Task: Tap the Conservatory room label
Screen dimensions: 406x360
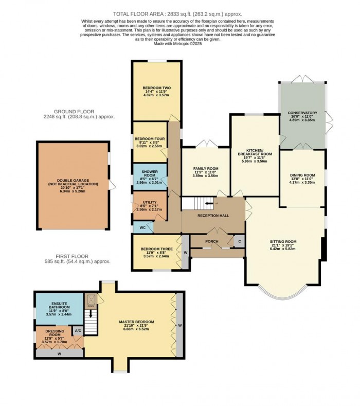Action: coord(302,113)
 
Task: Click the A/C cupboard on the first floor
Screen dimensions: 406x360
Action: coord(78,330)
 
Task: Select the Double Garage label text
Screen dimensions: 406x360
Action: coord(73,181)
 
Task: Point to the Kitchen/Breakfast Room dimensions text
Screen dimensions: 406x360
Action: coord(255,160)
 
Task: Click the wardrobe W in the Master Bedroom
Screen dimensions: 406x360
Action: coord(180,325)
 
